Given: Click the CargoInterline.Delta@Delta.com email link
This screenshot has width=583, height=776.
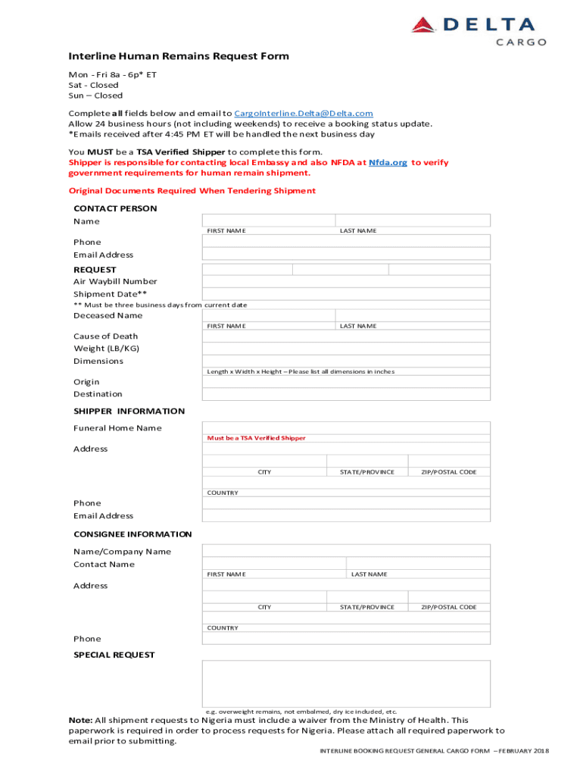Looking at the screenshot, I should [304, 113].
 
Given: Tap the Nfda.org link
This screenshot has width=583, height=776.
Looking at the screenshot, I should [388, 162].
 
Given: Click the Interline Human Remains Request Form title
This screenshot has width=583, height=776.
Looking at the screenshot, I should [179, 56].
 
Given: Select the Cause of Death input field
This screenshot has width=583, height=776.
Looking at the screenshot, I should [346, 336].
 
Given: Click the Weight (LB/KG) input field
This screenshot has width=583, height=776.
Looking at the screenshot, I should [346, 349].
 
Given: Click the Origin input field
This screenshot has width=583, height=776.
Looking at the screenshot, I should [346, 382].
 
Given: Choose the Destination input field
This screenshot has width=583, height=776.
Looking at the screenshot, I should [346, 394].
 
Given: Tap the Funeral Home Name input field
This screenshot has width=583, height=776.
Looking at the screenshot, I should [346, 427].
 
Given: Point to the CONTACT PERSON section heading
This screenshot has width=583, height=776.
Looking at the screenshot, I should [115, 208].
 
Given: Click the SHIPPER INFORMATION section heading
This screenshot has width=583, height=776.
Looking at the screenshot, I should [129, 411].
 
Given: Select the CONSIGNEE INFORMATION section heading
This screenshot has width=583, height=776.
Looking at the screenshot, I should [132, 534].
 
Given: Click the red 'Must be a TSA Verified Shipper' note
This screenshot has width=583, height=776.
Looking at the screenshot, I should [257, 438].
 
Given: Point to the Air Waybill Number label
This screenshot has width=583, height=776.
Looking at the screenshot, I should [115, 281].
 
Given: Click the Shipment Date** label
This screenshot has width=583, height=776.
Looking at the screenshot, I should [110, 294].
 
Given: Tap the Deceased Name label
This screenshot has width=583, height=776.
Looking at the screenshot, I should [108, 315].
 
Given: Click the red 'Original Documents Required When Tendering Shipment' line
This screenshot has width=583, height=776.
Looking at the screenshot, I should [192, 191].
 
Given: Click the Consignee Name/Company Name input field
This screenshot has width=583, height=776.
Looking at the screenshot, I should [346, 551].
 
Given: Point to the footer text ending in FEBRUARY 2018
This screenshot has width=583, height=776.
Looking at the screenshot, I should [434, 750].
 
